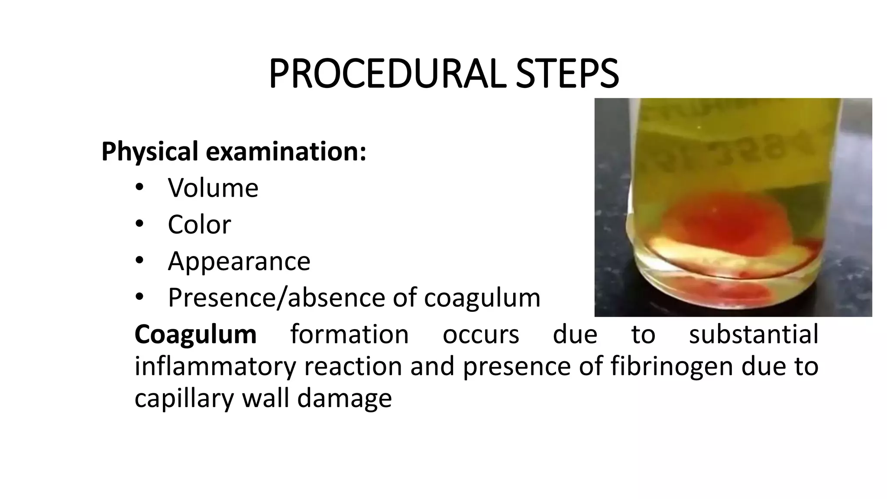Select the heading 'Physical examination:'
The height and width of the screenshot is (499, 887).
tap(234, 152)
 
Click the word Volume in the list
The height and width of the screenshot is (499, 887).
tap(213, 188)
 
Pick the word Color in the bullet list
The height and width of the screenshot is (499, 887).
tap(199, 224)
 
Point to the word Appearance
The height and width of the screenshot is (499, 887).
tap(239, 261)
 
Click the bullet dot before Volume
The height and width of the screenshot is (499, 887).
tap(139, 187)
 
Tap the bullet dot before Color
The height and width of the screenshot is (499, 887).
tap(139, 224)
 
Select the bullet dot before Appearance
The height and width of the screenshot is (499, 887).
tap(139, 260)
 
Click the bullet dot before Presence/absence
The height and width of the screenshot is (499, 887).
tap(139, 297)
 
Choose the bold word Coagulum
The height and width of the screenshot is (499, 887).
tap(195, 334)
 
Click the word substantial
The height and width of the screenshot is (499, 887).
tap(754, 334)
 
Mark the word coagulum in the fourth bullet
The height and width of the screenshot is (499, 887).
tap(482, 298)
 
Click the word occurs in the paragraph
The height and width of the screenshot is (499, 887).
tap(481, 334)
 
